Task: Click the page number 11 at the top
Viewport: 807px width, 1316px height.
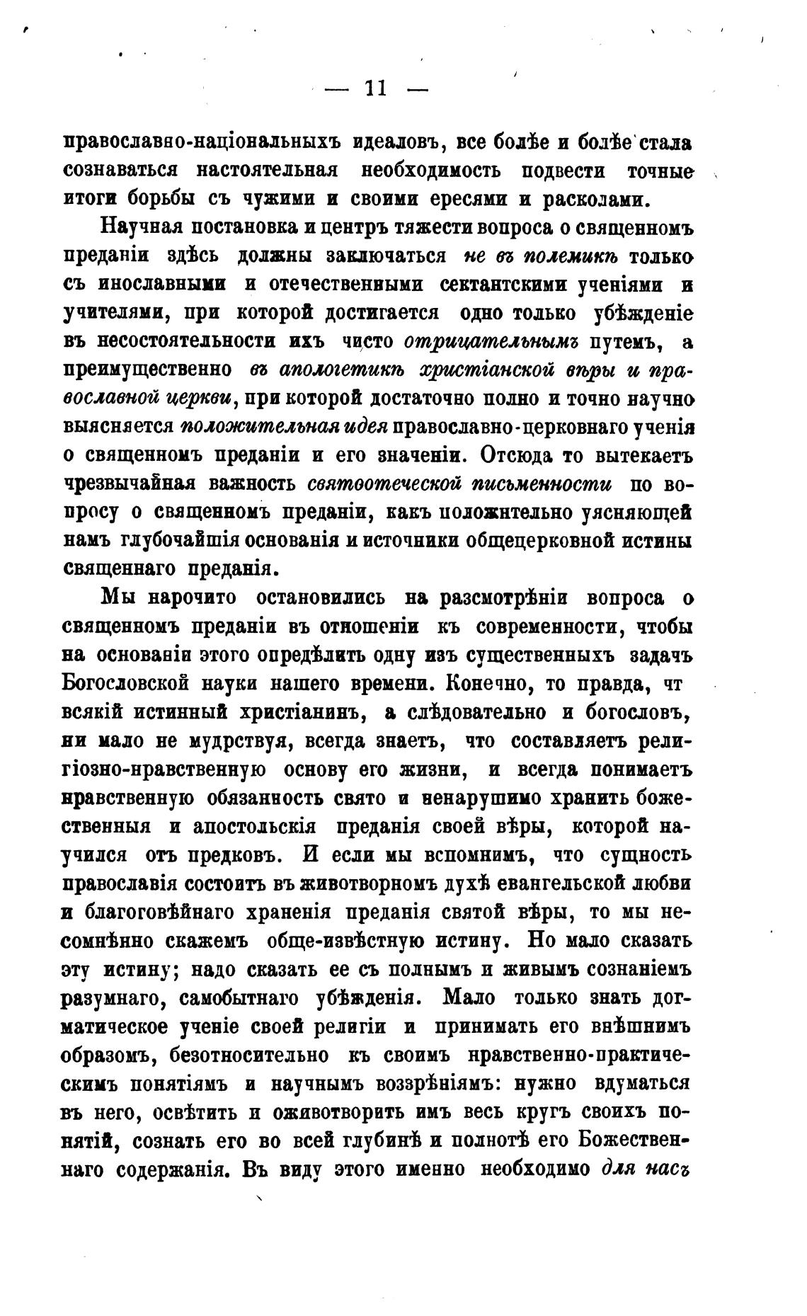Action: pyautogui.click(x=375, y=89)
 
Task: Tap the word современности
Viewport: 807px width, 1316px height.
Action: pyautogui.click(x=545, y=626)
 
